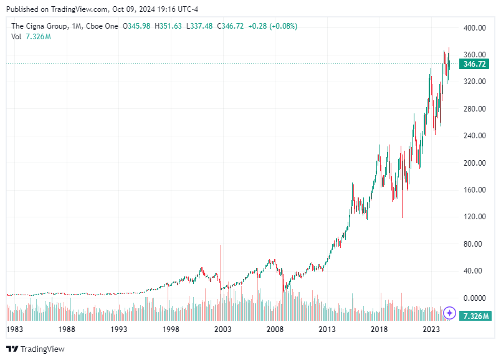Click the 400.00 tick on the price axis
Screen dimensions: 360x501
pyautogui.click(x=474, y=28)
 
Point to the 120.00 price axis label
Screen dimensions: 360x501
pyautogui.click(x=474, y=217)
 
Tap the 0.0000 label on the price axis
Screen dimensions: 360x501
pyautogui.click(x=474, y=298)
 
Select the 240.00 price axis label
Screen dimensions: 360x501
pyautogui.click(x=474, y=136)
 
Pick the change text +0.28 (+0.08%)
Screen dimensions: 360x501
pyautogui.click(x=272, y=26)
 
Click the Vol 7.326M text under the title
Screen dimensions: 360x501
pyautogui.click(x=31, y=37)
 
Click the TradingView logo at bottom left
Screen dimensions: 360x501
pyautogui.click(x=36, y=349)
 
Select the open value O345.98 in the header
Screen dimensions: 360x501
pyautogui.click(x=136, y=26)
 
